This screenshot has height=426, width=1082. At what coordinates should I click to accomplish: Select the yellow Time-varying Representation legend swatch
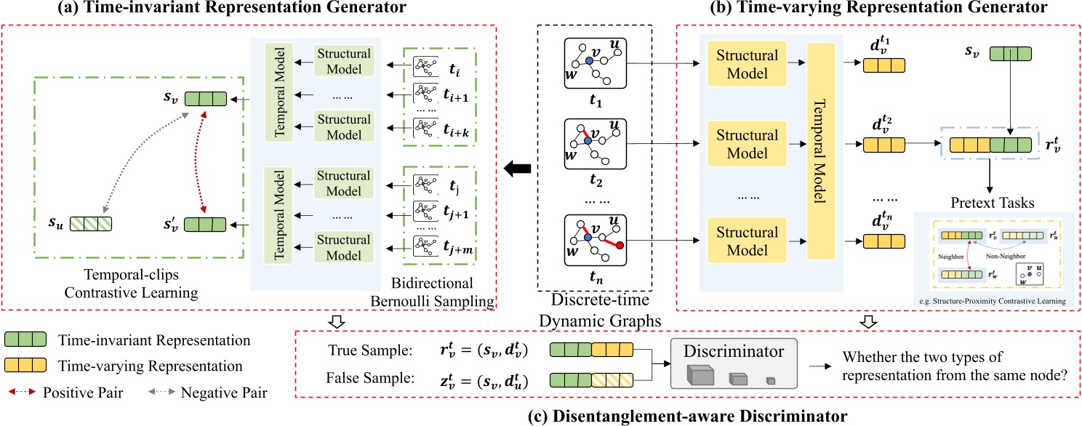[26, 366]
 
